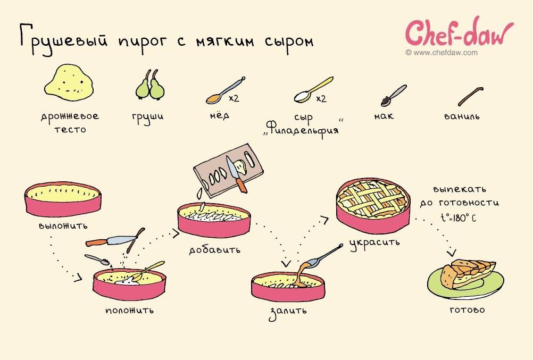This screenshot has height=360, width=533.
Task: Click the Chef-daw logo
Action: point(460,34)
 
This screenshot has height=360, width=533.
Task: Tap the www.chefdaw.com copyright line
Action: point(441,53)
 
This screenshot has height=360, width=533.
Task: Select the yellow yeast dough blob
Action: point(69,84)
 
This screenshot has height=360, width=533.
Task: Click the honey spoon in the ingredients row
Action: point(223,91)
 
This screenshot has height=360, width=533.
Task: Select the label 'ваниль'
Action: point(462,115)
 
